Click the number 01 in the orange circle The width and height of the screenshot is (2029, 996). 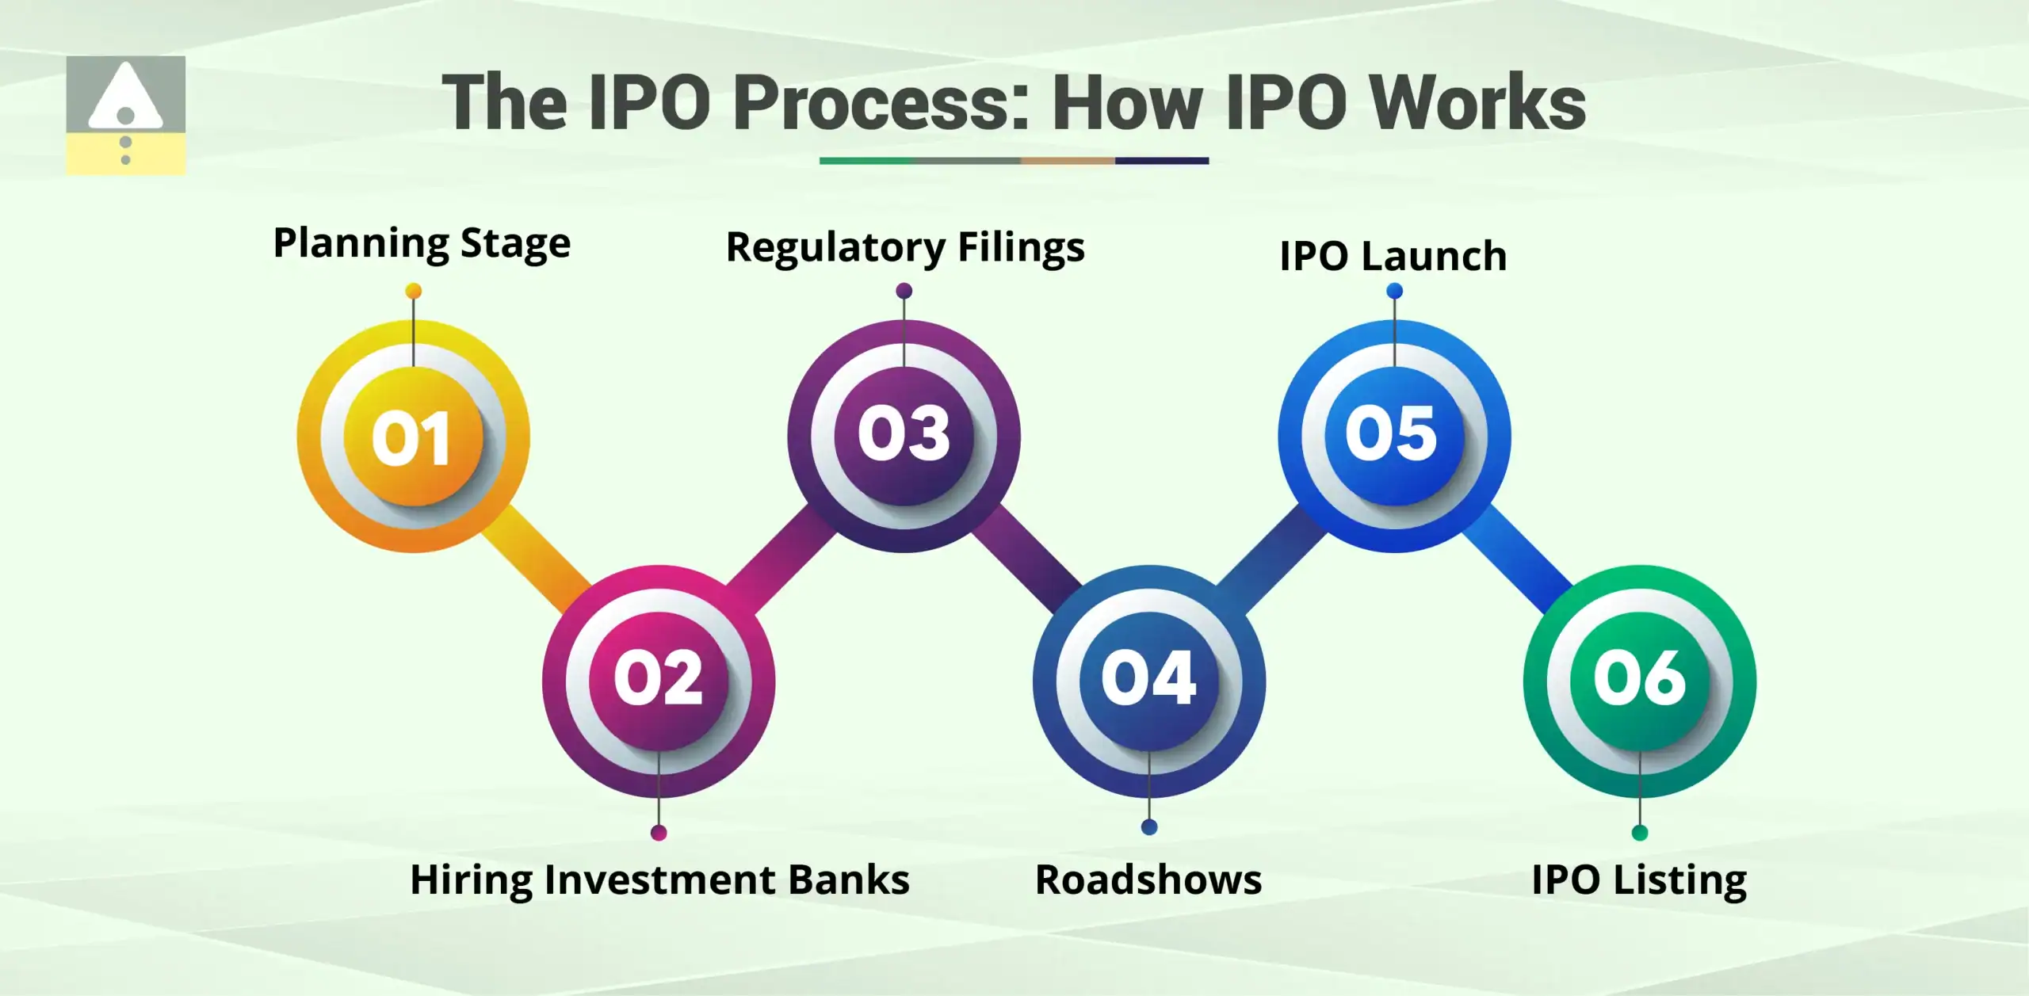point(412,437)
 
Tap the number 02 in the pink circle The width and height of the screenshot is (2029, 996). point(658,678)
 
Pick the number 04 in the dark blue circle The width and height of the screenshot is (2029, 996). point(1148,678)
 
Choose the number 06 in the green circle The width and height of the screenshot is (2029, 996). point(1640,678)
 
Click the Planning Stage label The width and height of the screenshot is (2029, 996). point(422,243)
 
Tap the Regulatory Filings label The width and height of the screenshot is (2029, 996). point(905,247)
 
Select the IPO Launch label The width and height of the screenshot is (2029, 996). point(1393,256)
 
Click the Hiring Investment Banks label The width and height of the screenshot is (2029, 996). point(659,880)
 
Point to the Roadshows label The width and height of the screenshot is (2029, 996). point(1148,880)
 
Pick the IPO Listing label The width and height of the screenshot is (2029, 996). point(1639,880)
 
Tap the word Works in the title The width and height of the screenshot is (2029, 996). point(1478,103)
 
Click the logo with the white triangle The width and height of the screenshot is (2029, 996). point(125,115)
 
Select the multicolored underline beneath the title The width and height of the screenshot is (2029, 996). point(1014,161)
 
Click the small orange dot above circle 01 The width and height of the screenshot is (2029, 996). point(413,292)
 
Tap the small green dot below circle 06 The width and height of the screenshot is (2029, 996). point(1640,832)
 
